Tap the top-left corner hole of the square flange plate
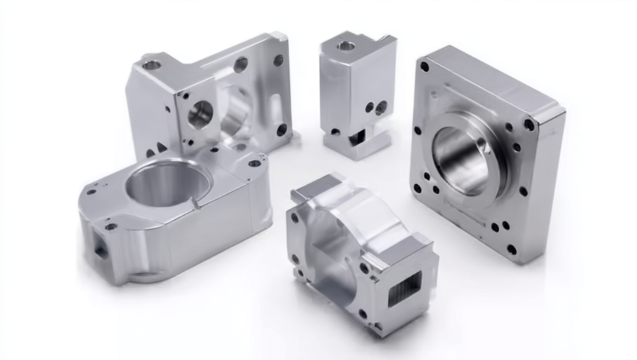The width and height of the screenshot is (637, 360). click(424, 67)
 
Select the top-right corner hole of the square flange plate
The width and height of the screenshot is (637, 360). click(528, 125)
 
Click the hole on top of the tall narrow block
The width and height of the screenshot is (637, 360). click(346, 46)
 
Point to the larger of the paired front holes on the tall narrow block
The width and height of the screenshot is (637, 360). click(381, 108)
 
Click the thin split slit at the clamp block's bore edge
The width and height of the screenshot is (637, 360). click(197, 206)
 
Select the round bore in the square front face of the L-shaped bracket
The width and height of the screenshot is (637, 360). click(199, 114)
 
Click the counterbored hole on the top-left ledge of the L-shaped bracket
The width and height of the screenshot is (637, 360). click(152, 65)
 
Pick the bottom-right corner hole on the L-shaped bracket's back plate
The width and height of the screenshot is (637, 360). click(281, 130)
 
